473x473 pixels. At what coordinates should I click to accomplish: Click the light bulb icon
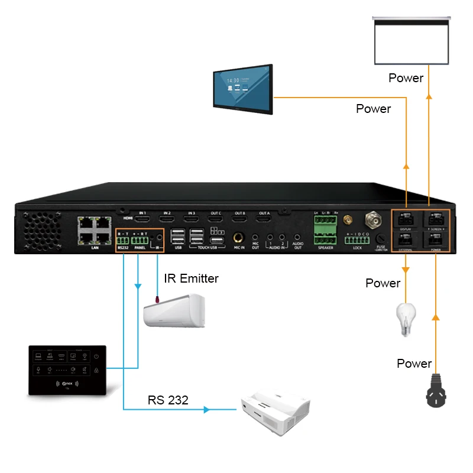(x=405, y=319)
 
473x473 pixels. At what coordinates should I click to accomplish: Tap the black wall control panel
(x=67, y=371)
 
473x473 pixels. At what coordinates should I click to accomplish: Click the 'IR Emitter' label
(x=191, y=278)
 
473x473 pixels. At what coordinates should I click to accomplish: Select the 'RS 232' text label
(x=168, y=400)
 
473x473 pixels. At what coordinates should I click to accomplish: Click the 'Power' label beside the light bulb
(x=383, y=283)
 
